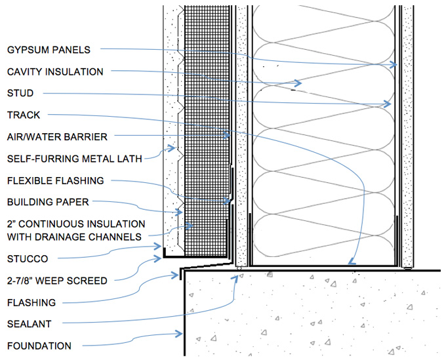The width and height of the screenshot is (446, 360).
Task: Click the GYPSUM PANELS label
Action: [49, 49]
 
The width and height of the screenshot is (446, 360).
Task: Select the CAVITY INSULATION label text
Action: [55, 71]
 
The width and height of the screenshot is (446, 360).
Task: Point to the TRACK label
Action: [24, 115]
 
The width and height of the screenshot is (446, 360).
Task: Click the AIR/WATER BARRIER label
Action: [57, 136]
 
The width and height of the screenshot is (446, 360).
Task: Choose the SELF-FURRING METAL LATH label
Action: [74, 158]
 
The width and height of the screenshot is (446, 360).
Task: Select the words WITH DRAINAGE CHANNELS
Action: [74, 236]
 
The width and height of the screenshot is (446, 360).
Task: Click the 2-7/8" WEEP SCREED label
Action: [57, 280]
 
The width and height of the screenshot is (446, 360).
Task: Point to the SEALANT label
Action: [29, 323]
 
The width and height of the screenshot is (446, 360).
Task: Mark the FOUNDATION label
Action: [39, 346]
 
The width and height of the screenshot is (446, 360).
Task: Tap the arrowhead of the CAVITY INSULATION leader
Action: [299, 83]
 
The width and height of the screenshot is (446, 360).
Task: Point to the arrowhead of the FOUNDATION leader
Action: [180, 335]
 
